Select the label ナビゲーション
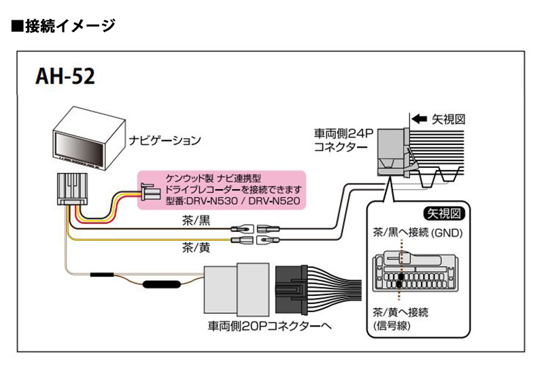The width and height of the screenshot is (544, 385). tap(165, 141)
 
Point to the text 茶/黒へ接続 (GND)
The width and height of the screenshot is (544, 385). tap(417, 233)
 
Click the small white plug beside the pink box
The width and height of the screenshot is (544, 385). tap(148, 192)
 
